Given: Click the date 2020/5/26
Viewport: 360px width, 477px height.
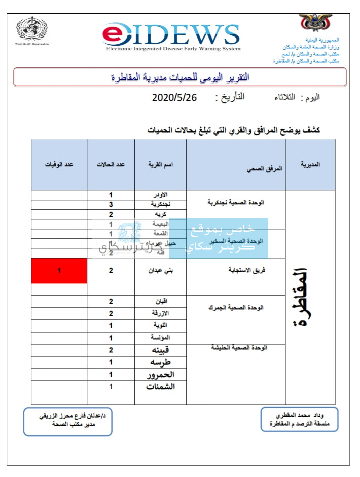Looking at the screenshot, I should pyautogui.click(x=174, y=97).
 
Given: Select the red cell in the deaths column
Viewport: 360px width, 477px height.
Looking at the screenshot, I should pyautogui.click(x=59, y=271).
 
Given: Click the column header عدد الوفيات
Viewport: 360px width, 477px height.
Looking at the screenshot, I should pyautogui.click(x=59, y=165).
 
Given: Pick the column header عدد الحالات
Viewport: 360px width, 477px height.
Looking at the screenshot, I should pyautogui.click(x=111, y=165).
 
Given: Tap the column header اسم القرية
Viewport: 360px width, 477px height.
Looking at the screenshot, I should pyautogui.click(x=160, y=165).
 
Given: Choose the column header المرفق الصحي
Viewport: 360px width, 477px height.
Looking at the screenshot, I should pyautogui.click(x=236, y=169).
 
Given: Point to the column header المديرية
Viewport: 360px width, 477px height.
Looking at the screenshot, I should pyautogui.click(x=310, y=165).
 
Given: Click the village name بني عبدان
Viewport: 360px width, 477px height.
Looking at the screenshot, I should pyautogui.click(x=160, y=271).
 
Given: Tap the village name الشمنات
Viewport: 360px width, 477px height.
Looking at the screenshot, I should pyautogui.click(x=160, y=387).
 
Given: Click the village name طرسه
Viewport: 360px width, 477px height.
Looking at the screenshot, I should pyautogui.click(x=160, y=362).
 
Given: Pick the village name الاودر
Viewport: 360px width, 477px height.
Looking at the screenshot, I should pyautogui.click(x=160, y=195).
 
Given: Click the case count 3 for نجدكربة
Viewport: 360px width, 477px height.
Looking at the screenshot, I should pyautogui.click(x=111, y=205).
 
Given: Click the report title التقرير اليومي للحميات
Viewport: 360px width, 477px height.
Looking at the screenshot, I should pyautogui.click(x=180, y=77).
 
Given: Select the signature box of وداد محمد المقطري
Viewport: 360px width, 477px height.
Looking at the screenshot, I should pyautogui.click(x=299, y=420).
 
